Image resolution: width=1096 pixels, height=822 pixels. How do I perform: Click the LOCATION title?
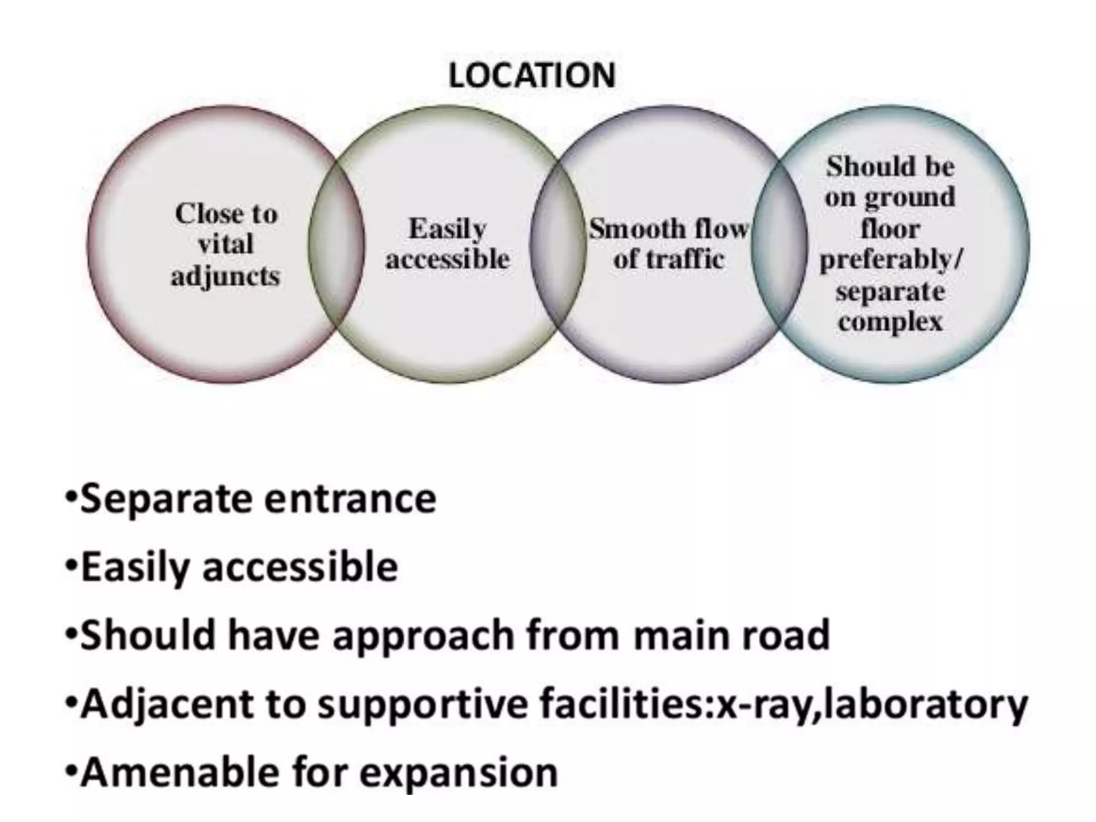tap(532, 76)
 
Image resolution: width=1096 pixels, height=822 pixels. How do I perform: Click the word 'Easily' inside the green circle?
tap(447, 230)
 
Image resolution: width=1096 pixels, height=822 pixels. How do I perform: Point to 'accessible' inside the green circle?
tap(448, 260)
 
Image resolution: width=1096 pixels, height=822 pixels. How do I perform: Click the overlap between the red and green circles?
tap(337, 244)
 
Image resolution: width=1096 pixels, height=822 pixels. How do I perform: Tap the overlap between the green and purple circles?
tap(558, 244)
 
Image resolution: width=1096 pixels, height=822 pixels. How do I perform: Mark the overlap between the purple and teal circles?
tap(779, 244)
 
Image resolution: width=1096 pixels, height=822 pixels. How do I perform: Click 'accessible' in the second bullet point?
tap(300, 567)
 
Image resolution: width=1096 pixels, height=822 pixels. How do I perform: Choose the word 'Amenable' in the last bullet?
tap(179, 773)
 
